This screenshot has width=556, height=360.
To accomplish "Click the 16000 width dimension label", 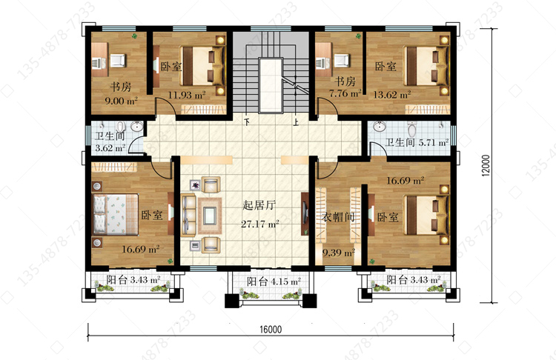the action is tap(271, 330).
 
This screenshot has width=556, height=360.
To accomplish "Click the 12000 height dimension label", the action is tap(486, 165).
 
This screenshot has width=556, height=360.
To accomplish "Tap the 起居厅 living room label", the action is tap(259, 205).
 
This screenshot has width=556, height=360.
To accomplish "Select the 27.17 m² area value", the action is tap(260, 224).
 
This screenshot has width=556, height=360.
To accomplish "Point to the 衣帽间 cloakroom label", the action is tap(338, 216).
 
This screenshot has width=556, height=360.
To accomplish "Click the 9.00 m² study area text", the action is tap(121, 101).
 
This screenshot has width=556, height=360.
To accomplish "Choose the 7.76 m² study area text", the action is tap(345, 93).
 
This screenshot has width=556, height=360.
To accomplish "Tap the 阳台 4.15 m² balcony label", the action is tap(274, 281).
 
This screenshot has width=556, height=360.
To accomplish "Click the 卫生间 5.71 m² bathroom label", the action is tap(417, 142).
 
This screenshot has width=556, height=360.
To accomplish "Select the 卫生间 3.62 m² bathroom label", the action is tap(110, 142).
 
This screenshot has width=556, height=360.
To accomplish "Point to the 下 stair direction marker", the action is tap(247, 123).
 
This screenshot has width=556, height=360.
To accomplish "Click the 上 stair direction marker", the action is tap(296, 123).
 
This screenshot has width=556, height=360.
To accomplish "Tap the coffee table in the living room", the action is tap(210, 216).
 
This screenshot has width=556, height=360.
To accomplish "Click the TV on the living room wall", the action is tap(305, 213).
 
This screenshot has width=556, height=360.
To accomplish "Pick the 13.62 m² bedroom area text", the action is tap(392, 95).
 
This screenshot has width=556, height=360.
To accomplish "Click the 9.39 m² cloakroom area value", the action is tap(339, 253).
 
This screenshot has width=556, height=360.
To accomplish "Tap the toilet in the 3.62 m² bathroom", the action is tap(122, 127).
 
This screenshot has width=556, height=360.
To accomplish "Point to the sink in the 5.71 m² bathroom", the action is tap(379, 126).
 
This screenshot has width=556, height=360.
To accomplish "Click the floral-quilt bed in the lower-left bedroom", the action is tap(116, 214).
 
